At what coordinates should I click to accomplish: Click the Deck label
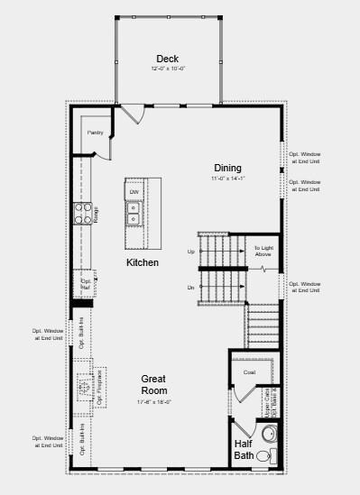168,59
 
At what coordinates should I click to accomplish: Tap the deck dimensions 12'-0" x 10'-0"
168,69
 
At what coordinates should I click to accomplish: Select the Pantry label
96,133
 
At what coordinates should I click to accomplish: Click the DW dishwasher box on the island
134,192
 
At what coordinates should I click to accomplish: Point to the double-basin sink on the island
134,214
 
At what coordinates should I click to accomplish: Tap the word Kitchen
143,263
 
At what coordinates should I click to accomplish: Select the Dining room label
227,168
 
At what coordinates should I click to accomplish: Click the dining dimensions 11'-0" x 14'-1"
227,179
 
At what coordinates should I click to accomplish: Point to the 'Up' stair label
191,252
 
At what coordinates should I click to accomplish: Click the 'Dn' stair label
191,288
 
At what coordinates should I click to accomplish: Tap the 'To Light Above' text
263,251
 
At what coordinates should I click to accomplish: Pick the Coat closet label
250,371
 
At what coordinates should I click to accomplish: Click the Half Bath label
244,449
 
